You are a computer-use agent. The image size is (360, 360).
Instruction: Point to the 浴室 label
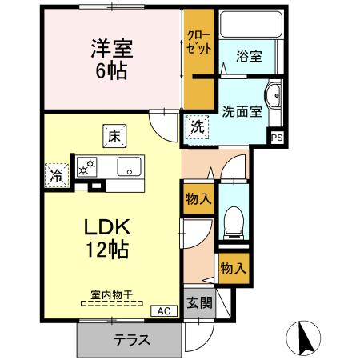pos(247,56)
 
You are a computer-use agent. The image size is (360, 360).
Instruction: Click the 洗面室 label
pos(242,111)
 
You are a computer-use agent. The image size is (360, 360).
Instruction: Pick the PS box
pos(277,138)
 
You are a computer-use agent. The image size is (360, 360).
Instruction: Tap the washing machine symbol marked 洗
pos(195,126)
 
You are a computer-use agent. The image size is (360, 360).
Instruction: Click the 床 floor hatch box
pos(113,137)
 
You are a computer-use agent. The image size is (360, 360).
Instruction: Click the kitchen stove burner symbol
pos(84,167)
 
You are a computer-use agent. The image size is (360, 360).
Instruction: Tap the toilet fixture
pos(233,222)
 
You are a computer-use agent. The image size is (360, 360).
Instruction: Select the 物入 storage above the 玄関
pos(231,269)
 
